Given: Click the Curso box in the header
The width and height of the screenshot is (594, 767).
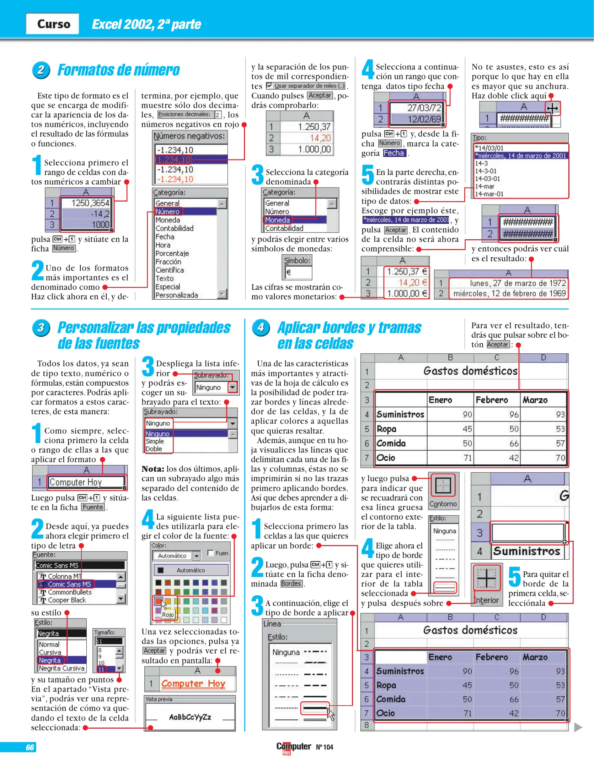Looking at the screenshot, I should click(x=53, y=24).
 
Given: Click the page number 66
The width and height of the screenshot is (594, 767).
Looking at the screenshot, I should click(x=30, y=747).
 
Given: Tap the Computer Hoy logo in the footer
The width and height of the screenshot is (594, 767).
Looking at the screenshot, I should click(x=293, y=747).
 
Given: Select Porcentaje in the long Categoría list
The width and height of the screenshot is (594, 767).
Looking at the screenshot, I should click(x=172, y=253).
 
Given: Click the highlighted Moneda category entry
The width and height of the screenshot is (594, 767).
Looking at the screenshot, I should click(x=278, y=220).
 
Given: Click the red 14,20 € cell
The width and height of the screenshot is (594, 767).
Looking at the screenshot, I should click(x=407, y=283).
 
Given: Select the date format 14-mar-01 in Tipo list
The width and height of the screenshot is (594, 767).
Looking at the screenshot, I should click(x=489, y=194).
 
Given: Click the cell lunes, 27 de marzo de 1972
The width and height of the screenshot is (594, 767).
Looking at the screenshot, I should click(x=508, y=283).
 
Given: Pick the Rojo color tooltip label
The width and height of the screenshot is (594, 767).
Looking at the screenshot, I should click(x=168, y=615).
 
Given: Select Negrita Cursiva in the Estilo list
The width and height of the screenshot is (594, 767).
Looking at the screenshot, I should click(x=61, y=668).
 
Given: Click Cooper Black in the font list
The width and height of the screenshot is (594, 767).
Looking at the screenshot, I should click(x=67, y=600).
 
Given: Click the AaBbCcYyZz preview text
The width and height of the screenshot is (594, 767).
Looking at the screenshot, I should click(x=190, y=717).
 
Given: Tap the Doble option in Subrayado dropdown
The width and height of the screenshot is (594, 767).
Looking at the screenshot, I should click(x=154, y=449).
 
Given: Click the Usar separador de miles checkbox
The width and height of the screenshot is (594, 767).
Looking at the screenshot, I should click(x=270, y=86).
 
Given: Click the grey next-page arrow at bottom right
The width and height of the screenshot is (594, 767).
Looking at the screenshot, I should click(x=578, y=727).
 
